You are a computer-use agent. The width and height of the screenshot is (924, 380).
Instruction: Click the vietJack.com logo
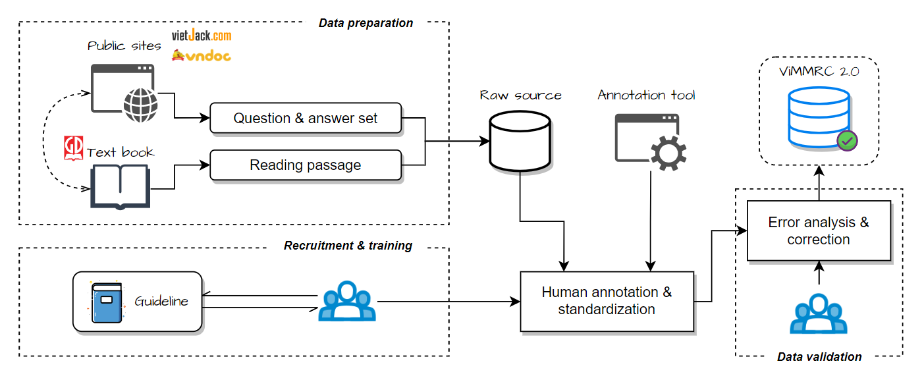[x=202, y=36]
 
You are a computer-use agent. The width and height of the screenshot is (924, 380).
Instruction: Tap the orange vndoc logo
[x=202, y=55]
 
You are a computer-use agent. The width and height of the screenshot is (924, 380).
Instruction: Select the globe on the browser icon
[x=141, y=105]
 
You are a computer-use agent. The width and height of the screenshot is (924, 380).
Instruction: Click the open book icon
[x=120, y=186]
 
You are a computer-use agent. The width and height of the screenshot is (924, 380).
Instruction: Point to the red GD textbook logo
[x=73, y=148]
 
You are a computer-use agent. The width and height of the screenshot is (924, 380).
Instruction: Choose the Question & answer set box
[x=306, y=118]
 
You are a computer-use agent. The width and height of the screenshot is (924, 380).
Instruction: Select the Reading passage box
[x=306, y=165]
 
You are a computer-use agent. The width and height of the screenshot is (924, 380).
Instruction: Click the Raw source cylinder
[x=520, y=141]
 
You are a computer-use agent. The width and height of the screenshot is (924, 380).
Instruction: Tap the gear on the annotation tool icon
[x=668, y=153]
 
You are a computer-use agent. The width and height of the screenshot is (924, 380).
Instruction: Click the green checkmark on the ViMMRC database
[x=848, y=141]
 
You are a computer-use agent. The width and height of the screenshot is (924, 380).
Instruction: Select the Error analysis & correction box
[x=819, y=231]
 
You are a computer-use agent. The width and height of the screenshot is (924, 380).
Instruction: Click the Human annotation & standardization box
[x=607, y=301]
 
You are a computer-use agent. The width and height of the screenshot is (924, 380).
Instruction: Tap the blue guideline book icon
[x=107, y=302]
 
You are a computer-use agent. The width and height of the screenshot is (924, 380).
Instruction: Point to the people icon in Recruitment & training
[x=347, y=301]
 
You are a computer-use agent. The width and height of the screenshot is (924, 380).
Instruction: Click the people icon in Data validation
[x=819, y=313]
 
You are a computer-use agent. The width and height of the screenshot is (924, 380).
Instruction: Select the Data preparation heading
[x=366, y=23]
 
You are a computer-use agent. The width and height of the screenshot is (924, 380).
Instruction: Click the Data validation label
[x=819, y=357]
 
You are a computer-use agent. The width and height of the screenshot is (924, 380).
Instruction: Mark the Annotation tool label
[x=646, y=95]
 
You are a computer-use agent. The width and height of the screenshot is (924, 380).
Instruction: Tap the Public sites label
[x=124, y=46]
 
